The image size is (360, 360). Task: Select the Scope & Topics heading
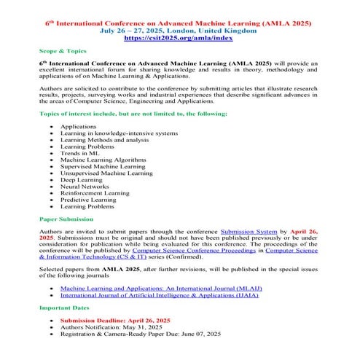click(63, 52)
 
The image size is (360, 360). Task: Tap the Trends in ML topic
click(78, 153)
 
